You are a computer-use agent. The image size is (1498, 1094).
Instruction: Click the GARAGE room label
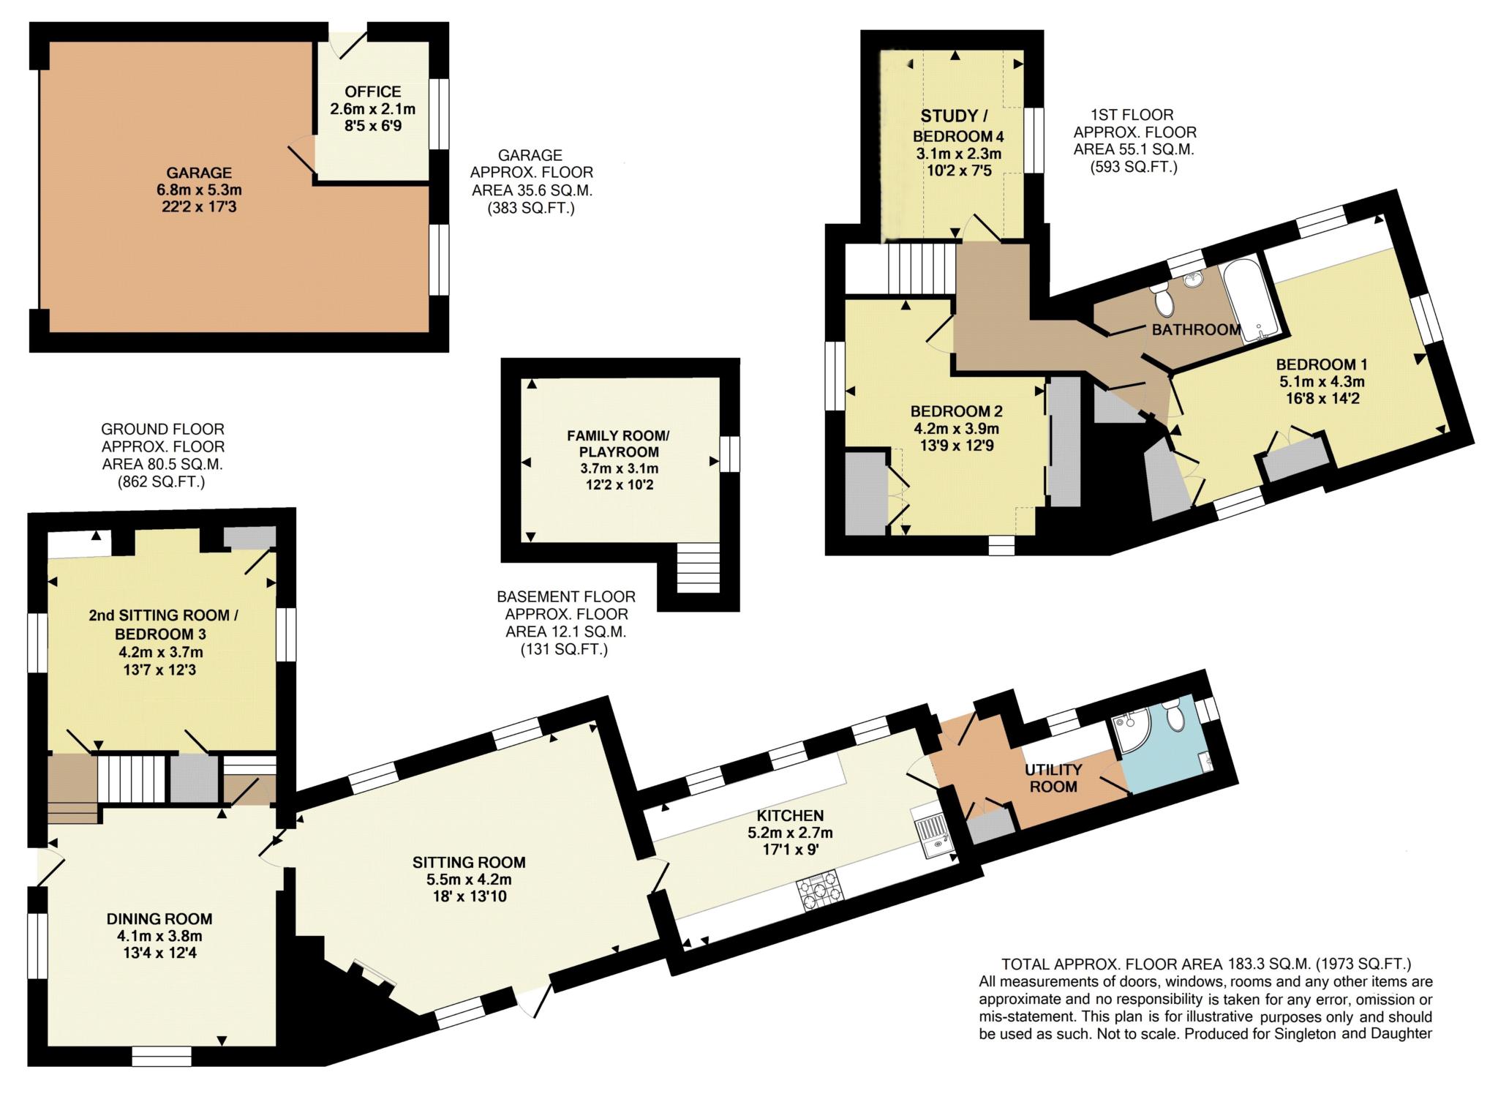coord(199,173)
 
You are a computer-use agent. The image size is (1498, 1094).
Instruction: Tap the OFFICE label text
coord(373,92)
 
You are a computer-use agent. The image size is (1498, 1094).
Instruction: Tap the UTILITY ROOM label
coord(1053,778)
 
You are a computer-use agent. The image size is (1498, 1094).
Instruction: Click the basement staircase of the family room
coord(698,568)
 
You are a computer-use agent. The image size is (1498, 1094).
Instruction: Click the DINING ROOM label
coord(159,918)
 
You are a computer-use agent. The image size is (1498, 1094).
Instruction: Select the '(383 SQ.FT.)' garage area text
coord(531,208)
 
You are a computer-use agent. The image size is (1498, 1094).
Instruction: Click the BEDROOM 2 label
coord(956,411)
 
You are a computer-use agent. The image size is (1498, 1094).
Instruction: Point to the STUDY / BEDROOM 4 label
coord(958,126)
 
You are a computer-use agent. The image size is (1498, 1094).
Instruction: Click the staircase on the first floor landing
coord(922,269)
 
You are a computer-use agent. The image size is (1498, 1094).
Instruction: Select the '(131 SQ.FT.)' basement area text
coord(563,649)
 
